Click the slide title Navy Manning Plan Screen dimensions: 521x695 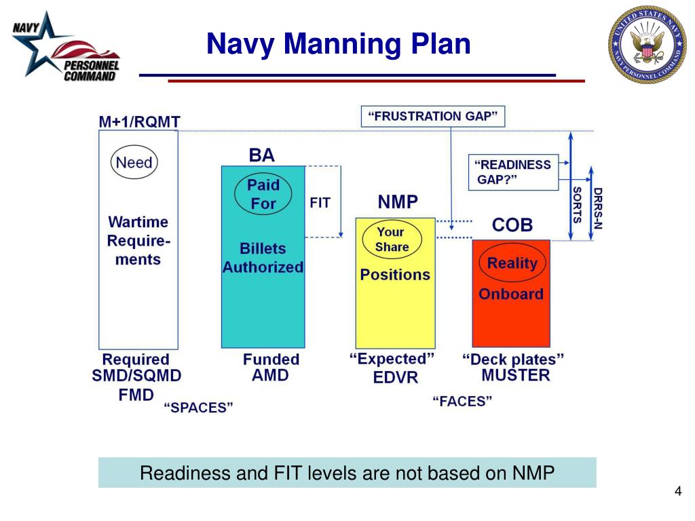click(338, 44)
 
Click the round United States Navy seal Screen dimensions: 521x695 click(647, 45)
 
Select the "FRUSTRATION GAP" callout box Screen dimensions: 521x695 click(432, 116)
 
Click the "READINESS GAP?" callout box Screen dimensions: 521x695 click(512, 172)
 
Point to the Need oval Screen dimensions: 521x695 click(134, 163)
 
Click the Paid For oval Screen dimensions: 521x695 click(263, 194)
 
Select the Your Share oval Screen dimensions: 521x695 click(392, 239)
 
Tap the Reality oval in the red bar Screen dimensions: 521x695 click(512, 263)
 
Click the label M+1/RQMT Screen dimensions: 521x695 click(139, 122)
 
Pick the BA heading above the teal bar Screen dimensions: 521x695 click(262, 155)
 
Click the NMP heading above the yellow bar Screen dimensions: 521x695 click(398, 202)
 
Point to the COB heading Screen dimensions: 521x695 click(512, 225)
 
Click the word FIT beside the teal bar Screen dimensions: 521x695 click(320, 203)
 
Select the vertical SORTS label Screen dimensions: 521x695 click(578, 205)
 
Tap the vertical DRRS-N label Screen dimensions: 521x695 click(598, 208)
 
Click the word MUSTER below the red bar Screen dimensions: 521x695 click(515, 375)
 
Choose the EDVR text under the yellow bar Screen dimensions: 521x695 click(396, 377)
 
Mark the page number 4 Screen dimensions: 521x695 click(677, 491)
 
